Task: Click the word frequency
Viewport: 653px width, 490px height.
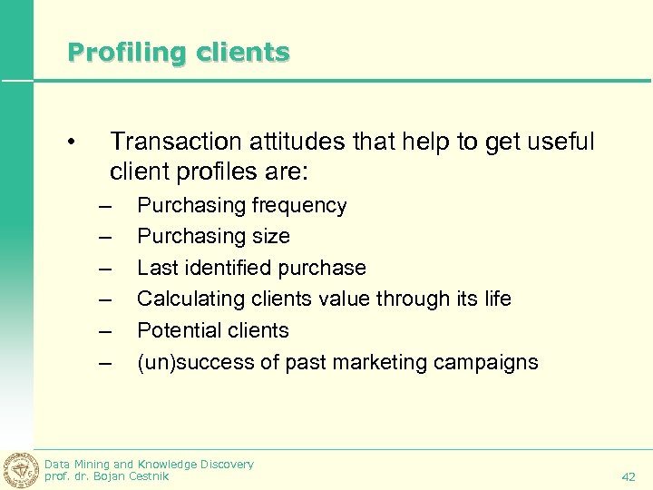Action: [x=299, y=206]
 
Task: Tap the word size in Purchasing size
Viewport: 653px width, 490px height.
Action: [x=272, y=237]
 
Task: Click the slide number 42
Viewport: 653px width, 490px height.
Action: [x=629, y=476]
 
